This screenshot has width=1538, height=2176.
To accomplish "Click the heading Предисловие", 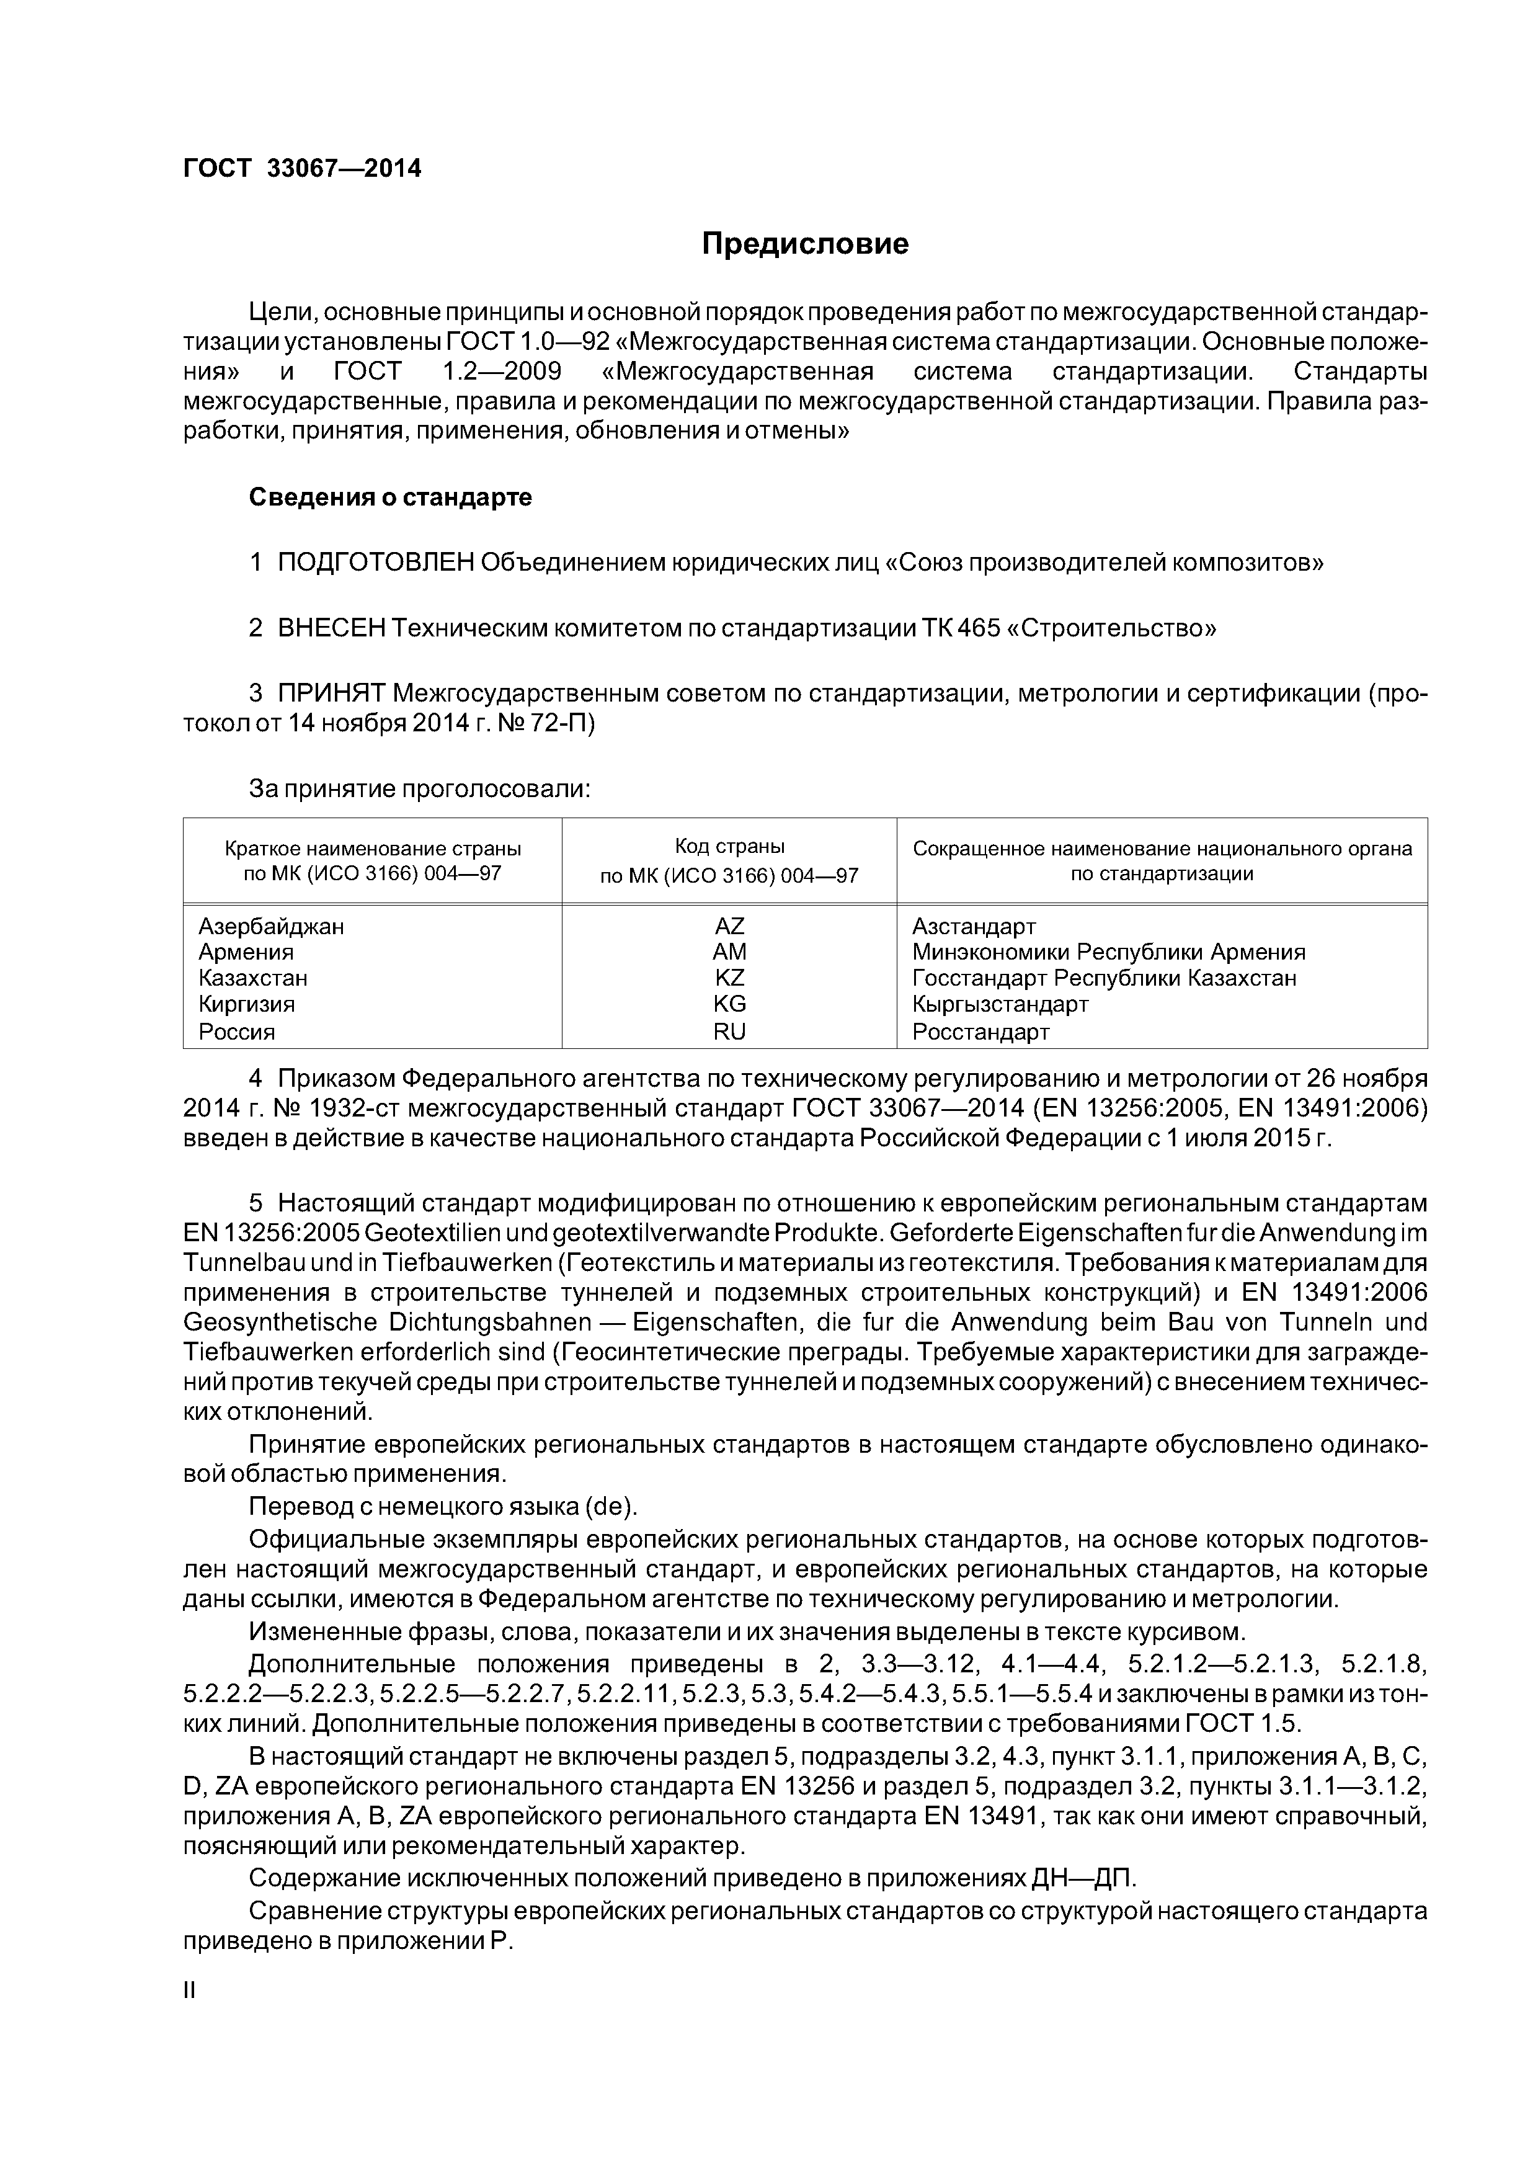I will (804, 244).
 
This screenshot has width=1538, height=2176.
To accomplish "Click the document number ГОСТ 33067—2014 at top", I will (301, 169).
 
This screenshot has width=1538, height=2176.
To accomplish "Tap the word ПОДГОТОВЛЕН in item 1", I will (375, 563).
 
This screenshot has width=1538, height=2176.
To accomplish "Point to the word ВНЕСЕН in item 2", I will (332, 628).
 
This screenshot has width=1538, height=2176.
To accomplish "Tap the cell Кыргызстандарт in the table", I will (1000, 1004).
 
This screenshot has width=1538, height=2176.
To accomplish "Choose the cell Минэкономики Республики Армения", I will (1108, 952).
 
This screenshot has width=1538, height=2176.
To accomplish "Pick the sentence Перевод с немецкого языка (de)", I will (443, 1507).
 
